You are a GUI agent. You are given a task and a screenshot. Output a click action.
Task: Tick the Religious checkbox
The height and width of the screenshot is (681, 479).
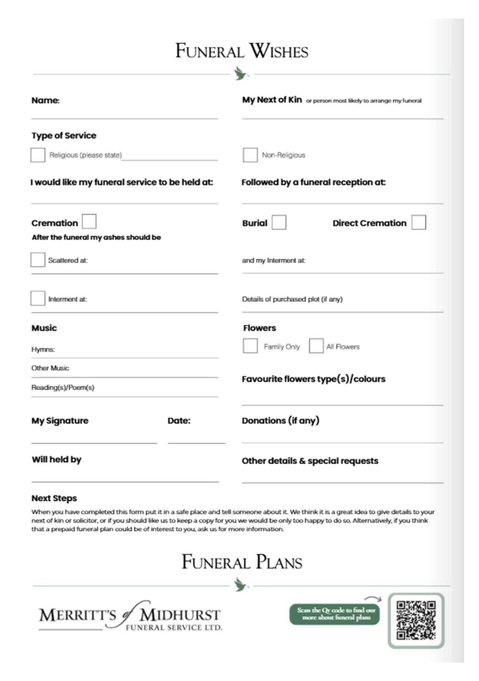pos(38,155)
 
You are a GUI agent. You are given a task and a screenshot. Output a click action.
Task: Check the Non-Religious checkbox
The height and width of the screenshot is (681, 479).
pos(250,155)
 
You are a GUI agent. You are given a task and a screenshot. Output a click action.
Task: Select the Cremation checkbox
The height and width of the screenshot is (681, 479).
pos(89,221)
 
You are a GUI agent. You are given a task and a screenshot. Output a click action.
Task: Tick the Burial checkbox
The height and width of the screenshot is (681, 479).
pos(279,222)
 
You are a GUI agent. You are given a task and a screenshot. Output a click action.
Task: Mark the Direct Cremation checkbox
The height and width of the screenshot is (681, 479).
pos(419,222)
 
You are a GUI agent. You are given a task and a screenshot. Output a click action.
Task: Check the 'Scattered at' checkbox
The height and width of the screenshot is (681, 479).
pos(38,260)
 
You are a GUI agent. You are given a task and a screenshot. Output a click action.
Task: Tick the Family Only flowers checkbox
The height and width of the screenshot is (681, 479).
pos(250,346)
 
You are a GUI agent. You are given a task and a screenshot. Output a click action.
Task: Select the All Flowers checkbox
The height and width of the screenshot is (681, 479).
pos(316,346)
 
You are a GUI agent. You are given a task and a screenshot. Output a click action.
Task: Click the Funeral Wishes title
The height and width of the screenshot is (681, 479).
pos(242,51)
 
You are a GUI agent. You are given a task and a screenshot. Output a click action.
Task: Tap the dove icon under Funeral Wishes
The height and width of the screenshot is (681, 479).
pos(241,73)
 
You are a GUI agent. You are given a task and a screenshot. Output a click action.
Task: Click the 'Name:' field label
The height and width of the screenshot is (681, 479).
pos(45,100)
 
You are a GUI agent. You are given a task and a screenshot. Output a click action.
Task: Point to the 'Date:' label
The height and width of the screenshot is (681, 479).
pos(179,421)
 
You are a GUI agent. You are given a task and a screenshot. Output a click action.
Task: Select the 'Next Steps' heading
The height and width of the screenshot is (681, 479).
pos(54,498)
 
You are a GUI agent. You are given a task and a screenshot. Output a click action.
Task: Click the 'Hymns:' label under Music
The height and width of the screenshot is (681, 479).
pos(43,349)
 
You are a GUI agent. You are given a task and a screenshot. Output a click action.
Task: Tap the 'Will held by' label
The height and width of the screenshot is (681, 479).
pos(56,459)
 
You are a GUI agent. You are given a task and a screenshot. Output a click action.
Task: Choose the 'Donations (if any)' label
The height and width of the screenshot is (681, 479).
pos(280,421)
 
